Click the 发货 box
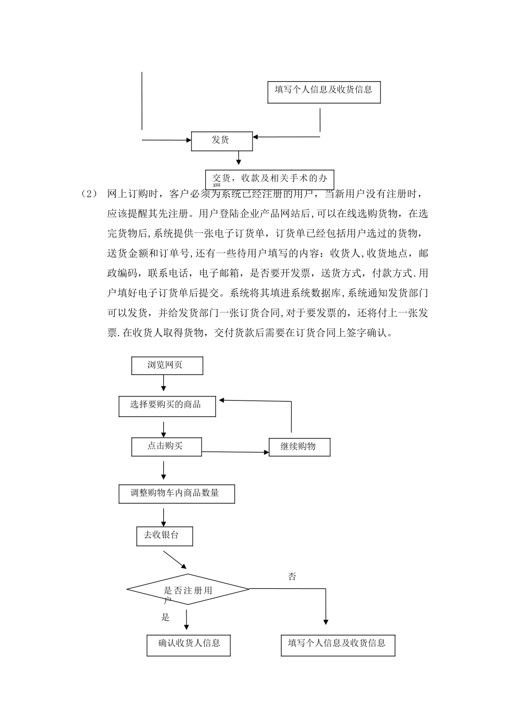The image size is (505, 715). (222, 140)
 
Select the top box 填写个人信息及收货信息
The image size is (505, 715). (324, 90)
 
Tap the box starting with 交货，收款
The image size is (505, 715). (270, 179)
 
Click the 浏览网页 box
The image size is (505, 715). (167, 365)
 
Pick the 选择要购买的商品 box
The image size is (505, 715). (166, 405)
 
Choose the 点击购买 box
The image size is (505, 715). (166, 446)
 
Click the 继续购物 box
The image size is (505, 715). (299, 447)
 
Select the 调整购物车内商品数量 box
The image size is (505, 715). (176, 493)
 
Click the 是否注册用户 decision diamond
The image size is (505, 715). (188, 589)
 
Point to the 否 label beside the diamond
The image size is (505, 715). (292, 577)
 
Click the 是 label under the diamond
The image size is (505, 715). (165, 618)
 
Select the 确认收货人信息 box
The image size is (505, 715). (189, 644)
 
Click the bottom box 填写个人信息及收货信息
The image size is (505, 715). (338, 644)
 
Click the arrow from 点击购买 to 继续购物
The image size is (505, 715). (235, 452)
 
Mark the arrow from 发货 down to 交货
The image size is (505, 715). (238, 158)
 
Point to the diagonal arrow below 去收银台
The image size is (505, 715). (175, 560)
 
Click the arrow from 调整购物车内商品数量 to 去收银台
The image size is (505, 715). (163, 517)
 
